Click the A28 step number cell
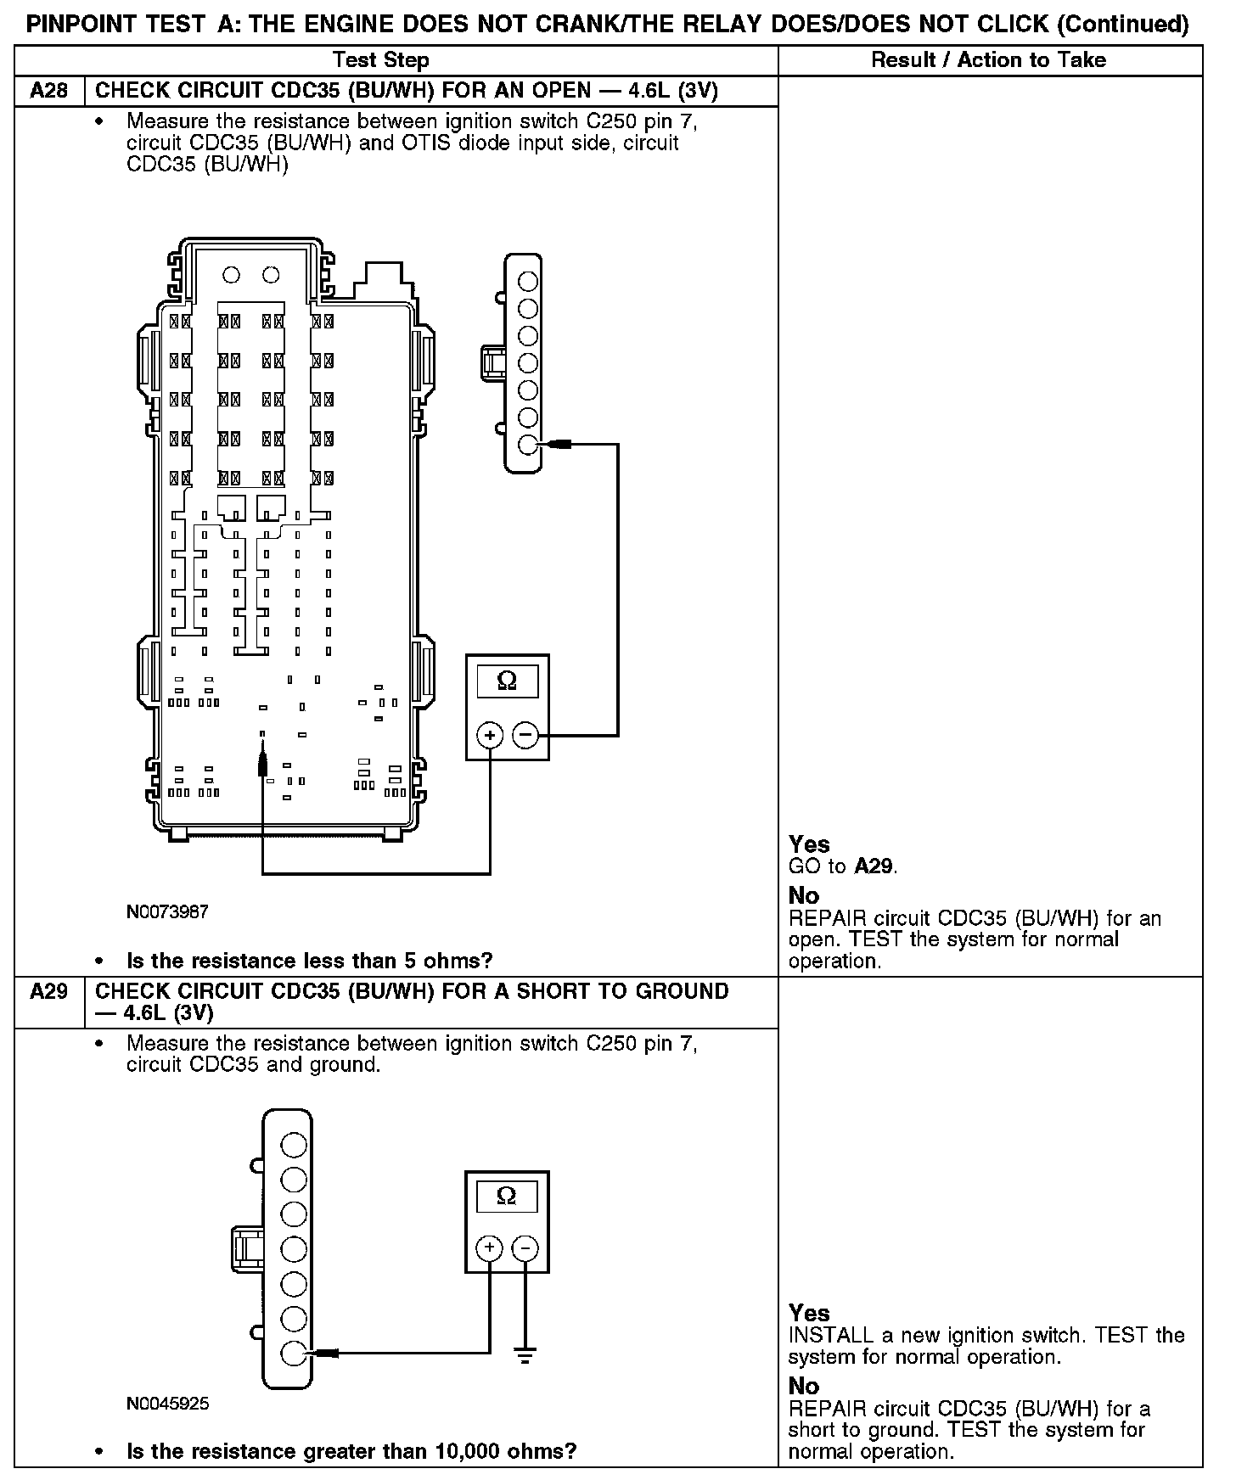[x=49, y=91]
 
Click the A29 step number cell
[x=49, y=991]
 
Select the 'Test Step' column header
[x=381, y=60]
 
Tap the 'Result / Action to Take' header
[x=989, y=60]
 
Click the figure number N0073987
[x=167, y=912]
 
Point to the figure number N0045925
[x=167, y=1404]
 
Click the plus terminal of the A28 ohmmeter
[x=490, y=735]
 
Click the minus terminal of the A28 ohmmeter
[x=526, y=735]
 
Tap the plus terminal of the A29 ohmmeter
[x=489, y=1248]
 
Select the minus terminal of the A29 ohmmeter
[x=525, y=1248]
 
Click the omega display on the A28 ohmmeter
[x=507, y=681]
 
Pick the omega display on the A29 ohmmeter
[x=506, y=1197]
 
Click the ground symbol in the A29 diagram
[x=525, y=1356]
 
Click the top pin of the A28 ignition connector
[x=527, y=281]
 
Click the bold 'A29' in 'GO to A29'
[x=874, y=866]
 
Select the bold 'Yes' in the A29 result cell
[x=809, y=1313]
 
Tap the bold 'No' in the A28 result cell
[x=804, y=896]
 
